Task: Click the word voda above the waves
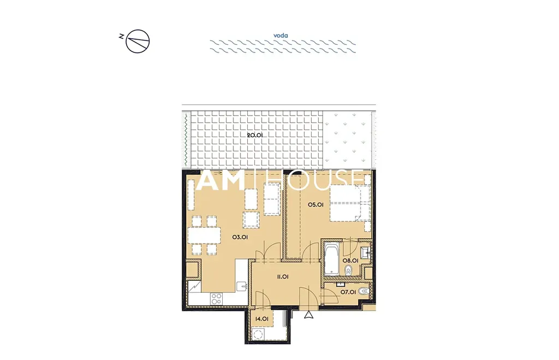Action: click(281, 36)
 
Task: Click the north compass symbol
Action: click(137, 42)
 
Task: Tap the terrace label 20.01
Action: click(255, 135)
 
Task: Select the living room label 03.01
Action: click(240, 237)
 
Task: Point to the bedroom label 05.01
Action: click(316, 205)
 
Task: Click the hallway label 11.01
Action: click(282, 276)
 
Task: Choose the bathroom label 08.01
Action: click(350, 261)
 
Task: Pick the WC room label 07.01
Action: click(348, 292)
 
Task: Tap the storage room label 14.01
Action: click(262, 319)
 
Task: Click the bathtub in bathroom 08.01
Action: click(331, 259)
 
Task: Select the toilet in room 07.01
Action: click(363, 291)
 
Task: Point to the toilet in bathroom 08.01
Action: click(348, 271)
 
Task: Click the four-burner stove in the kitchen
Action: click(216, 299)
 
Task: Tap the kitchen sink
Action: click(242, 286)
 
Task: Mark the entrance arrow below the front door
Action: click(309, 315)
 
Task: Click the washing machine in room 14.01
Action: click(258, 334)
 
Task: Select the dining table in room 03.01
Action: click(204, 235)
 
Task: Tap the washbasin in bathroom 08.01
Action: click(365, 252)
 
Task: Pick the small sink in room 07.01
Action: click(341, 285)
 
